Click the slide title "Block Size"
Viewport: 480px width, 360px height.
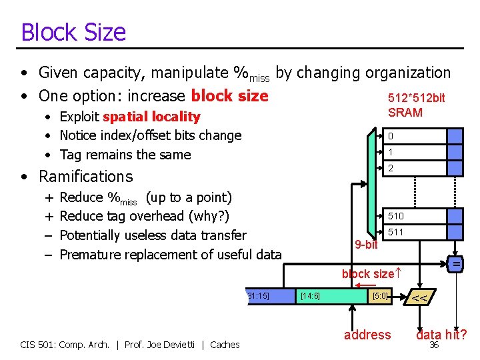coord(73,32)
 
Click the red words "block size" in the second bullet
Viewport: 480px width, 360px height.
coord(229,95)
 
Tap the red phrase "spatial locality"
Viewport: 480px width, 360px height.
coord(151,117)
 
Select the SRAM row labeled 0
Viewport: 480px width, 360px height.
coord(413,136)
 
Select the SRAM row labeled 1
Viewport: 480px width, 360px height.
coord(413,153)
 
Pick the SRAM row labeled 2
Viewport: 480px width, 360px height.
coord(413,169)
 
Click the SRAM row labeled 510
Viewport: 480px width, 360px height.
coord(413,216)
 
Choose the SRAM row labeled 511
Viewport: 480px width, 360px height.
coord(413,232)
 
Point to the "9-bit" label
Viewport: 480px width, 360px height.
coord(366,245)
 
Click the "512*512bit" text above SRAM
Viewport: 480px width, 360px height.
coord(416,98)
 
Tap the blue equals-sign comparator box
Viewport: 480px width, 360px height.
coord(456,265)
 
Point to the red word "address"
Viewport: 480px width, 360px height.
coord(367,335)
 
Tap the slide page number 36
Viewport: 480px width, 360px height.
coord(434,345)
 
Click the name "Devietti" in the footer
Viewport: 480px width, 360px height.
coord(178,345)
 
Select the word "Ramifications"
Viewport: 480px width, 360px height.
coord(86,177)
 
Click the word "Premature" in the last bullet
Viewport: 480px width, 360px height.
coord(91,255)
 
